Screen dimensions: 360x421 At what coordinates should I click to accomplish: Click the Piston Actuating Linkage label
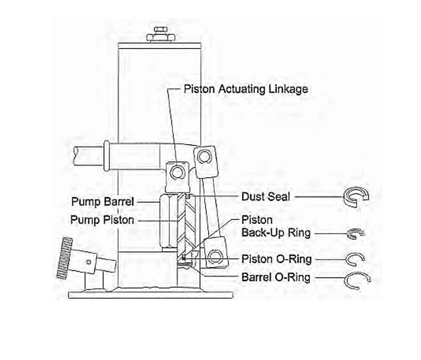click(x=246, y=89)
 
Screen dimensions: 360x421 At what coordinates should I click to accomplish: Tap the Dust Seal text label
click(x=265, y=197)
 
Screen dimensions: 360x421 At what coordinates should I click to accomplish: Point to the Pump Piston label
click(x=103, y=219)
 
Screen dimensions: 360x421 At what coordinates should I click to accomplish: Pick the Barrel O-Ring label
click(x=276, y=277)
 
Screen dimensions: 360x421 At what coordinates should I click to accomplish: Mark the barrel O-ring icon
click(x=357, y=279)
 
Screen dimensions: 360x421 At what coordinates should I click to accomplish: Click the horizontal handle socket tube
click(x=137, y=155)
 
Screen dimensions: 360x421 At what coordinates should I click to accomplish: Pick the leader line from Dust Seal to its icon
click(x=316, y=197)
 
